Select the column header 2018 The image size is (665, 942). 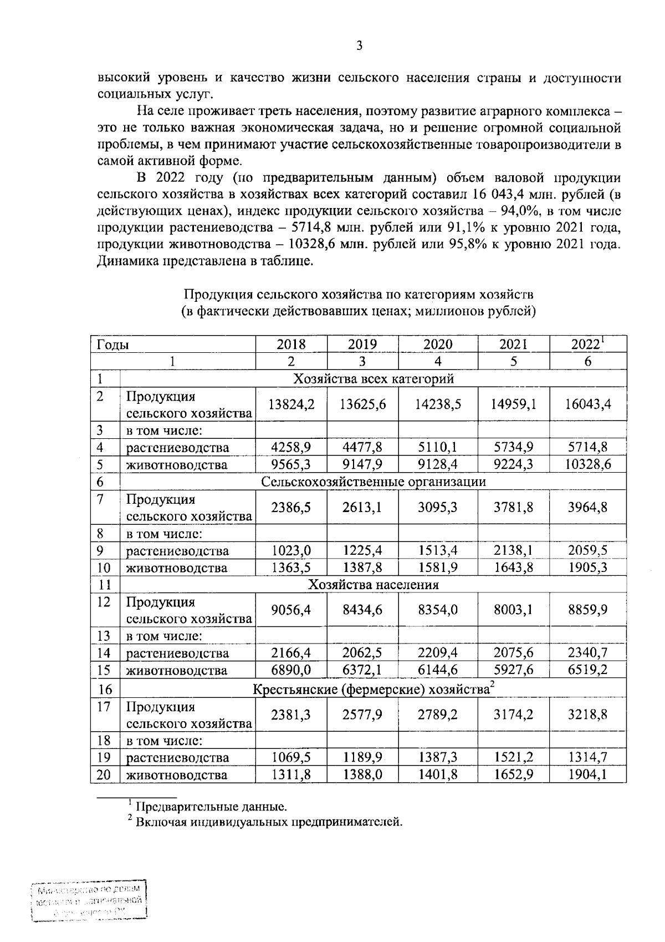pyautogui.click(x=291, y=344)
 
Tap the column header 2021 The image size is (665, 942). pyautogui.click(x=513, y=344)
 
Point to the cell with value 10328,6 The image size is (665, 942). pyautogui.click(x=588, y=464)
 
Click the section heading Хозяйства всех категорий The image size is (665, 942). pyautogui.click(x=374, y=379)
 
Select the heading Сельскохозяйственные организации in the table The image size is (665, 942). pyautogui.click(x=374, y=482)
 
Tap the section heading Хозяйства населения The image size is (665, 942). pyautogui.click(x=374, y=585)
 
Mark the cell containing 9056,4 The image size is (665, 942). pyautogui.click(x=291, y=610)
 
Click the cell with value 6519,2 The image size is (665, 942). pyautogui.click(x=588, y=670)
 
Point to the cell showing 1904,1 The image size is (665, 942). pyautogui.click(x=588, y=774)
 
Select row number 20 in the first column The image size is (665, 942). pyautogui.click(x=104, y=774)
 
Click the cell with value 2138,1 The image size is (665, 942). pyautogui.click(x=513, y=551)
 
